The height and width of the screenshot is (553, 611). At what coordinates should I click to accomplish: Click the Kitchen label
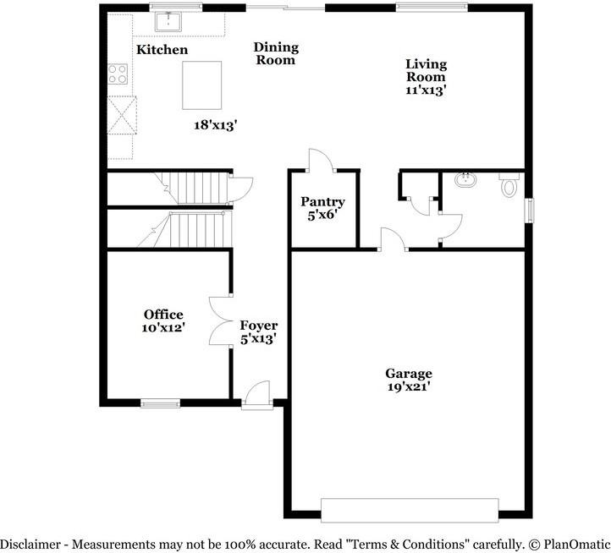coord(162,50)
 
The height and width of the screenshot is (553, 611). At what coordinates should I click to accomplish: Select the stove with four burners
coord(117,74)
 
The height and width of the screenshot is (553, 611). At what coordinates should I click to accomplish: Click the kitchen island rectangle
coord(202,85)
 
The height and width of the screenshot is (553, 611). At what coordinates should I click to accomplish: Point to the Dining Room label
coord(276,53)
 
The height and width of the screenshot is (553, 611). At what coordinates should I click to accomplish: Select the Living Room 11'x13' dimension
coord(426,89)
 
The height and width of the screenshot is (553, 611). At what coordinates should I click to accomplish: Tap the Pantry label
coord(322,202)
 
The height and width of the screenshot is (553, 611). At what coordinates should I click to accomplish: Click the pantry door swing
coord(320,161)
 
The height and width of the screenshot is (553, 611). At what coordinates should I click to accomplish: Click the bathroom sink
coord(465,180)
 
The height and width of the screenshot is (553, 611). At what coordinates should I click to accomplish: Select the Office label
coord(162,315)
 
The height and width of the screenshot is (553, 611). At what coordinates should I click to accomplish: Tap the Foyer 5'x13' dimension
coord(258,338)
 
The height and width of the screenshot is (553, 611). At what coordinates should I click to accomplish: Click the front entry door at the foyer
coord(256,396)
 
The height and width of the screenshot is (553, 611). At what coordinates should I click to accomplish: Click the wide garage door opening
coord(410,510)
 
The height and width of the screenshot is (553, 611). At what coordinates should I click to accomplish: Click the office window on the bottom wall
coord(160,403)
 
